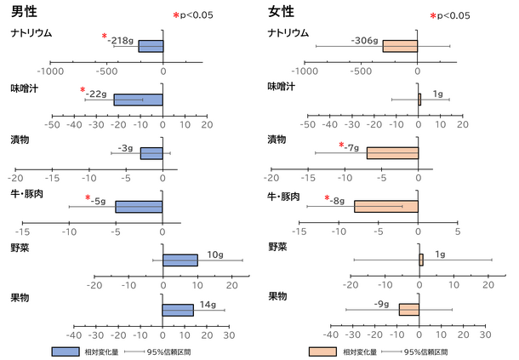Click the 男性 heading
[24, 12]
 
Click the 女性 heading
[281, 12]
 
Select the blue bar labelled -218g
[151, 46]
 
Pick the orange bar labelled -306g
[400, 46]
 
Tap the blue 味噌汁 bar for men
[139, 100]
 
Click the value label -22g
[96, 94]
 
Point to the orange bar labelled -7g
[392, 153]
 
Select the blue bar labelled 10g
[180, 260]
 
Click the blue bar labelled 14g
[178, 311]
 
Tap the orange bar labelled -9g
[409, 310]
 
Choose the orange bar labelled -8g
[386, 206]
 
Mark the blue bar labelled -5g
[139, 207]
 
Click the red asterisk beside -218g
[105, 36]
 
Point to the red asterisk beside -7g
[341, 145]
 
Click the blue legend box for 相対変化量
[66, 351]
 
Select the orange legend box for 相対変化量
[322, 351]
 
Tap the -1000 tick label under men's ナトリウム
[50, 71]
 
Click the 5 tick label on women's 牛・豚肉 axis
[458, 231]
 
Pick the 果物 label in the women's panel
[277, 296]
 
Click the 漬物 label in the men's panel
[20, 140]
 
